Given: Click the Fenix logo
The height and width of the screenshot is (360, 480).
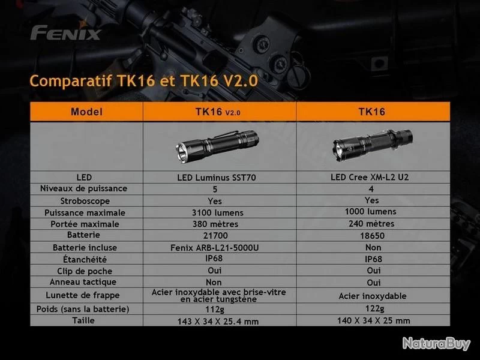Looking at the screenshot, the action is click(x=65, y=32).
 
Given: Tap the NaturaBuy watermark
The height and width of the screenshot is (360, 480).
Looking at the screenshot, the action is click(x=436, y=343).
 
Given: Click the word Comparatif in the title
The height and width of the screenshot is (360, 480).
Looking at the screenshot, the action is click(x=71, y=81).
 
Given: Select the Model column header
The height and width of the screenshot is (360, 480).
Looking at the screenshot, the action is click(x=86, y=112).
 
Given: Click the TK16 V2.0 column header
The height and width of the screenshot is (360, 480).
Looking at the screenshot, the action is click(x=218, y=112).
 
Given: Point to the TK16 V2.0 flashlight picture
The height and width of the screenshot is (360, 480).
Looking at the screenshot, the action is click(x=217, y=146).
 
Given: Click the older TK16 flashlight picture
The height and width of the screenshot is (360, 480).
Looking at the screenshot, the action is click(x=373, y=145).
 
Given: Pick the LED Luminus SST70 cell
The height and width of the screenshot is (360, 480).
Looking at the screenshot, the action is click(x=217, y=178).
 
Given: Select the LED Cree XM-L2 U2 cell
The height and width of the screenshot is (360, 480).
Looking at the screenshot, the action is click(x=370, y=177).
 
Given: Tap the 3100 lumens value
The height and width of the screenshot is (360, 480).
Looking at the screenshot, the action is click(x=218, y=213).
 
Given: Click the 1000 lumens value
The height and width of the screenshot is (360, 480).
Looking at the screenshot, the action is click(x=370, y=212).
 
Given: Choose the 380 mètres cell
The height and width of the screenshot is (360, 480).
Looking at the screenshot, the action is click(x=215, y=224).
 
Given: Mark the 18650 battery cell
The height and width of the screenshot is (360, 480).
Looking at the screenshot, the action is click(x=372, y=236).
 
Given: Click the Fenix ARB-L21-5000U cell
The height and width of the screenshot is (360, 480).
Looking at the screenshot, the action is click(x=215, y=247).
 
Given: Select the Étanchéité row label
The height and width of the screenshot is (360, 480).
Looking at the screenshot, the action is click(x=85, y=259).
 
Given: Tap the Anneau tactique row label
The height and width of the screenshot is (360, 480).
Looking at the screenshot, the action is click(x=83, y=282).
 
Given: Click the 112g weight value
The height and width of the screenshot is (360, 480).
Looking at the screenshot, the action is click(x=215, y=310).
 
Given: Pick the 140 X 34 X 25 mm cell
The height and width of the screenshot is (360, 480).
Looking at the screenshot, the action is click(x=373, y=321).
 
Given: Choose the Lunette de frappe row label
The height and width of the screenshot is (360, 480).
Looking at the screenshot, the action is click(x=83, y=295).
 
